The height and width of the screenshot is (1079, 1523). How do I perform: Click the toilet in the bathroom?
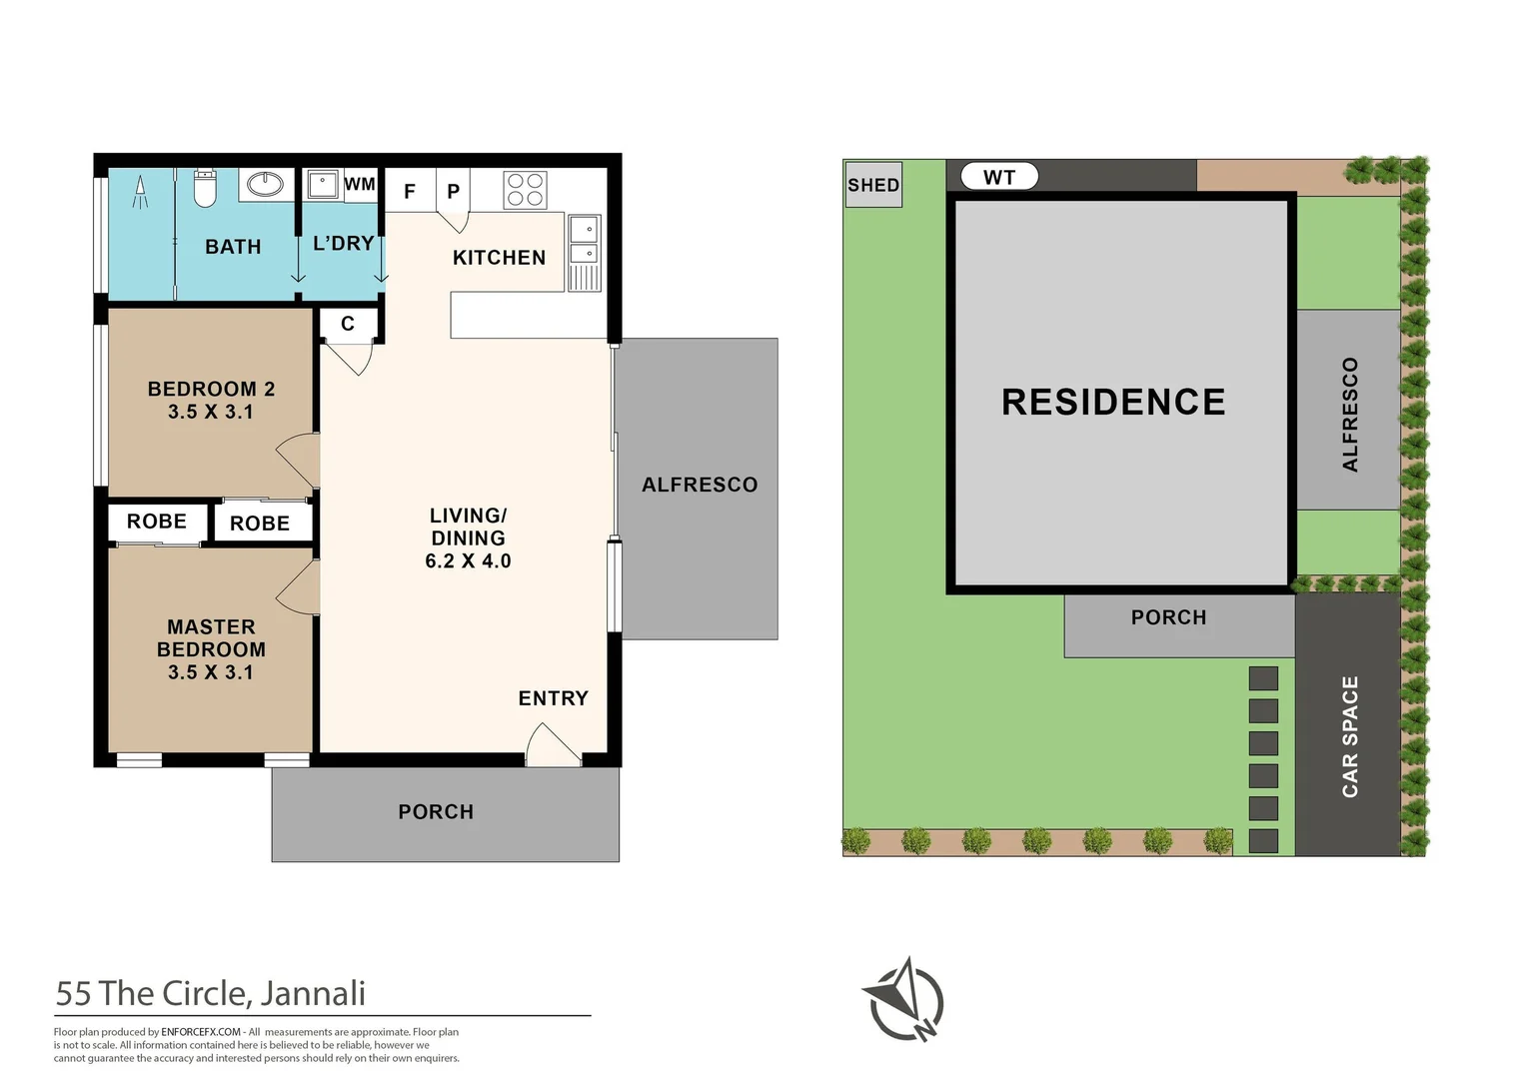point(205,187)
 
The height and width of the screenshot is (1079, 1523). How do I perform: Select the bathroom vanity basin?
point(266,184)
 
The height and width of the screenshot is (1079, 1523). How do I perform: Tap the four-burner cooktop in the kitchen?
point(525,190)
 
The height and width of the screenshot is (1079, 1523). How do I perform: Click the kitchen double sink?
point(585,241)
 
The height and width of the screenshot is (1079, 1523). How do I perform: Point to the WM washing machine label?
point(360,185)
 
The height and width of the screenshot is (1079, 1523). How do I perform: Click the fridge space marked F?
point(410,191)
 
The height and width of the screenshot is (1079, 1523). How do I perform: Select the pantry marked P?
point(453,191)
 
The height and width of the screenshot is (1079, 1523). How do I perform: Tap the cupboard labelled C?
point(348,324)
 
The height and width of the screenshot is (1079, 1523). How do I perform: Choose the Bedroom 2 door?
point(299,461)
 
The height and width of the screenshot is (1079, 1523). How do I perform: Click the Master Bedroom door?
point(299,586)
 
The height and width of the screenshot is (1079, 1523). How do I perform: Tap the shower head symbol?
point(140,191)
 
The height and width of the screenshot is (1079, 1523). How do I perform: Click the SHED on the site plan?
point(873,185)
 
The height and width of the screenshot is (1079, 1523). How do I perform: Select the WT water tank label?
point(999,177)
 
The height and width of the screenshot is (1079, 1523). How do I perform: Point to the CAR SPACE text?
point(1350,736)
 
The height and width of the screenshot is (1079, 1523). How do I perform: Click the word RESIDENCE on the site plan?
point(1113,402)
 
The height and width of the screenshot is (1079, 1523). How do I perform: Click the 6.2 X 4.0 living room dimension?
point(468,561)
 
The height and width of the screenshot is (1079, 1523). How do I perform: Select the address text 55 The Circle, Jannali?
point(211,993)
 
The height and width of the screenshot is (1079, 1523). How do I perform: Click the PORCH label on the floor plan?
point(436,812)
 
